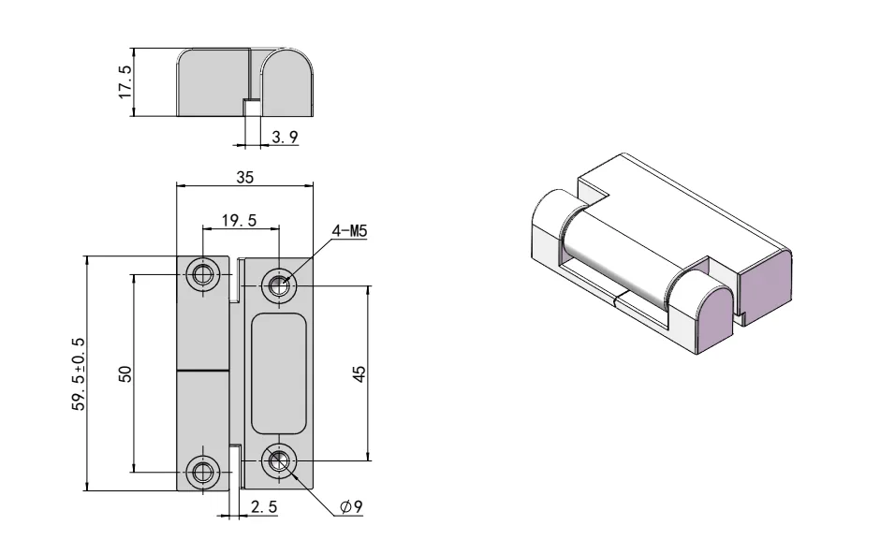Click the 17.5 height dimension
124,82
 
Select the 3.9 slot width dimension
284,138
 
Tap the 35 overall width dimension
245,176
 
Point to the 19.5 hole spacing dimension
239,221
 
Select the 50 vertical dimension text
125,373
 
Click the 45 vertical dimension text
359,373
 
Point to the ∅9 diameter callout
352,507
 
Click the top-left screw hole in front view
202,275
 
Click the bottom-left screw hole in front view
202,471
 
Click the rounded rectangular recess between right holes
278,373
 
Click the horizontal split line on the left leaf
204,372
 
